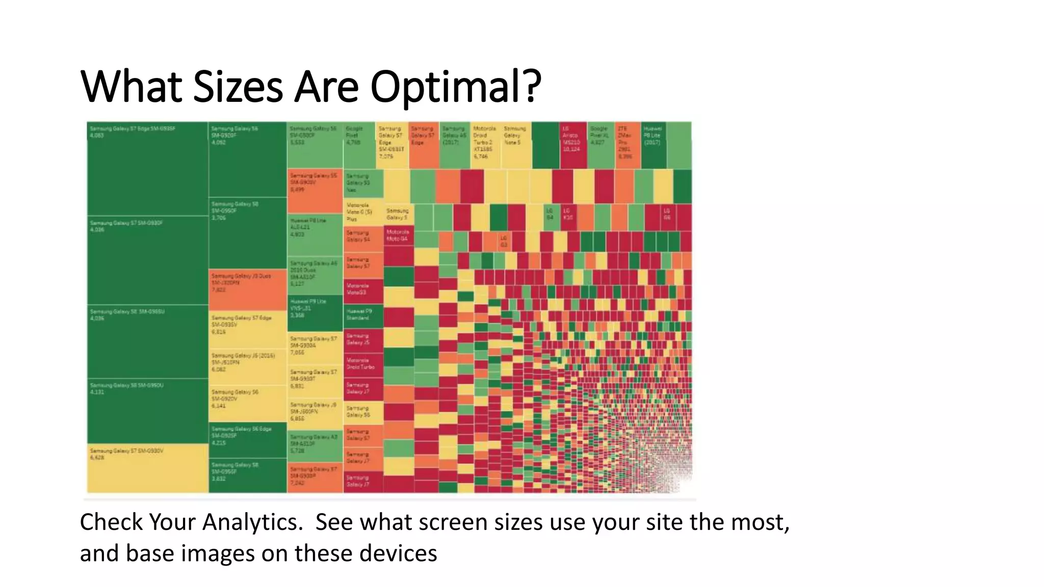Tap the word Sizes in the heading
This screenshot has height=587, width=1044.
[x=238, y=87]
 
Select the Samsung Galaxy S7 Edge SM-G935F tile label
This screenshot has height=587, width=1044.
[x=133, y=129]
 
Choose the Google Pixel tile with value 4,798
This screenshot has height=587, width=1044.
[x=359, y=145]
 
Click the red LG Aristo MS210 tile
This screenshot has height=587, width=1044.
[x=572, y=145]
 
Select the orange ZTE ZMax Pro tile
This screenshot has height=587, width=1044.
[x=627, y=145]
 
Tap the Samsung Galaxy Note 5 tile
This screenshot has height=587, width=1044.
[x=516, y=145]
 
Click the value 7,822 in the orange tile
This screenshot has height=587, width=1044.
[x=219, y=289]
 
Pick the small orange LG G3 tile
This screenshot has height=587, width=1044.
[x=503, y=242]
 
